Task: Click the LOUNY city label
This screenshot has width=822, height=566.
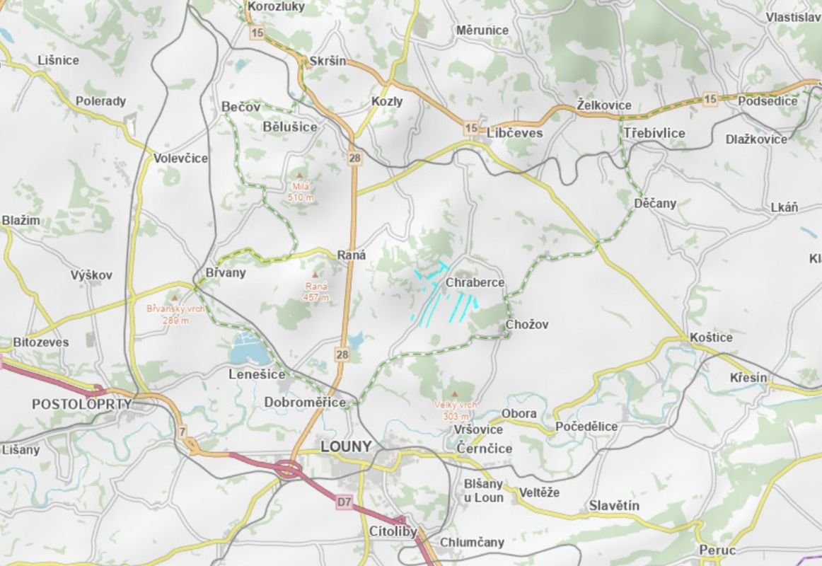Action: [345, 446]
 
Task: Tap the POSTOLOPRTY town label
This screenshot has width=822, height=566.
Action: [82, 404]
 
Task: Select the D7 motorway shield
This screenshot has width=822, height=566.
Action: [344, 502]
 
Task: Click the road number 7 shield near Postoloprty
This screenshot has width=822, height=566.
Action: [183, 431]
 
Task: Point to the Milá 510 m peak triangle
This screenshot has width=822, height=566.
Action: [299, 175]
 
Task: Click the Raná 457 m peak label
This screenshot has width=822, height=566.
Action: [316, 291]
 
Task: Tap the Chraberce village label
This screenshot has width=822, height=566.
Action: [475, 283]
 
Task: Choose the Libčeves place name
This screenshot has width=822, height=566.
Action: [515, 133]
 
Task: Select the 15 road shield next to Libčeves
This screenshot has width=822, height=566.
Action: [471, 128]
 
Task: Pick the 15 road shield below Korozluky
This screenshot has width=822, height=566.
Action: [256, 33]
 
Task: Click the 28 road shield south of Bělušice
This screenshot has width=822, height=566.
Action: [354, 159]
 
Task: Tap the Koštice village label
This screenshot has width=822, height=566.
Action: [711, 337]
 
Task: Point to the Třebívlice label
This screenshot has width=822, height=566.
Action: [654, 133]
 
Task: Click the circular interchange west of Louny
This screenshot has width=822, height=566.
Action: [288, 468]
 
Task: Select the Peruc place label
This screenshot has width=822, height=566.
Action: [717, 550]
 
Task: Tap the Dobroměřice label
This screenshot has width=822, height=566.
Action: [305, 403]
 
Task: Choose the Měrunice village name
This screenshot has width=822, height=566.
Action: [482, 30]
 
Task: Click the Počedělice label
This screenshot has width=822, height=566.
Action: [586, 427]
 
